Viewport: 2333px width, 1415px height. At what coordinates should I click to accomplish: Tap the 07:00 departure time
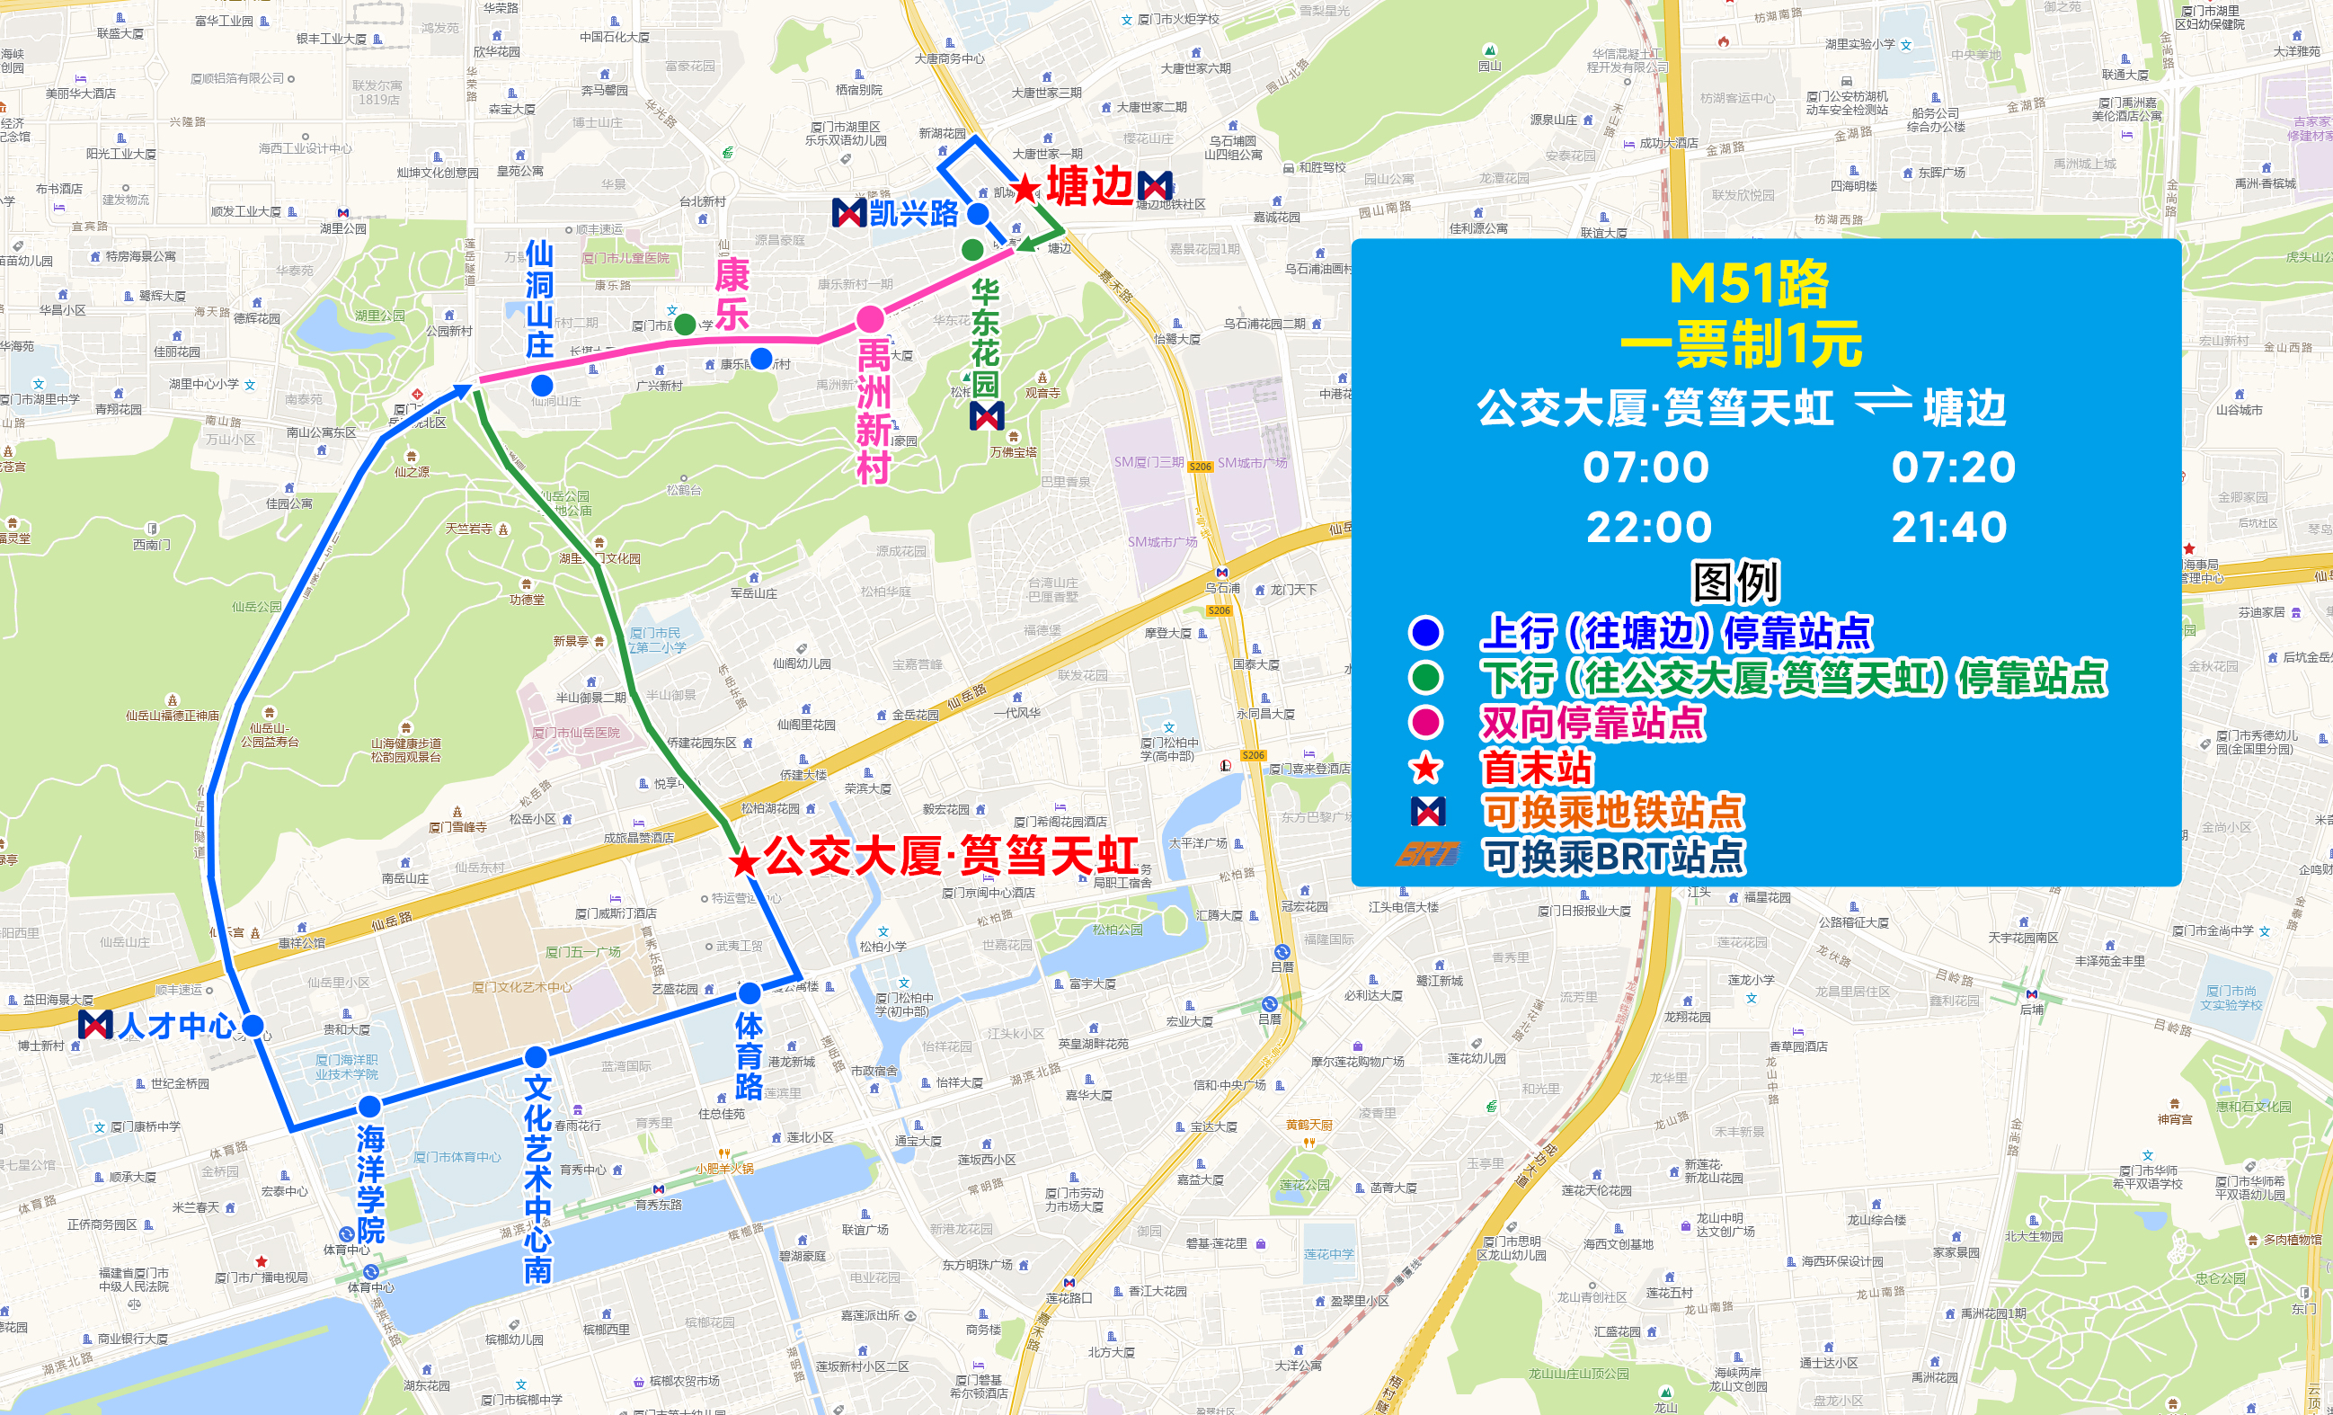click(1646, 467)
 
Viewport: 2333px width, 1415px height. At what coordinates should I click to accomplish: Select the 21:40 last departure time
click(1948, 528)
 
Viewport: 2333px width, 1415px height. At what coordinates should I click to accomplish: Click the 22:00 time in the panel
click(1648, 528)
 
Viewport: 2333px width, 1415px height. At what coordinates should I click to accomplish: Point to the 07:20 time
click(1954, 467)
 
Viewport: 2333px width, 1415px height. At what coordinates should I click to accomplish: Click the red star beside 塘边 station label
click(1025, 189)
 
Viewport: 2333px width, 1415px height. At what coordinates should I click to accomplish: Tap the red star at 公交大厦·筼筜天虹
click(744, 861)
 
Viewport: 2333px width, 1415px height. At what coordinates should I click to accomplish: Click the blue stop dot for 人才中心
click(253, 1026)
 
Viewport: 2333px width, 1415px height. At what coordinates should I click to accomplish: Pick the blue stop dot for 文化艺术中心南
click(536, 1056)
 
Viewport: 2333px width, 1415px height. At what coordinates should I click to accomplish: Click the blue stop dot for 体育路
click(749, 992)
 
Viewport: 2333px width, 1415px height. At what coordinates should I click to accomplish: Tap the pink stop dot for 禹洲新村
click(870, 319)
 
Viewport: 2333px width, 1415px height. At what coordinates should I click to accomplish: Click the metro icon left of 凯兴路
click(848, 213)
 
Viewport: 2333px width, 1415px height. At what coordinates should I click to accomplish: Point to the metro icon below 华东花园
click(987, 414)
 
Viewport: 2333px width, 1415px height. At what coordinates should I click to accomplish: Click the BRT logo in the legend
click(1426, 855)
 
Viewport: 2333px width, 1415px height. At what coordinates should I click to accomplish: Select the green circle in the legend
click(1426, 677)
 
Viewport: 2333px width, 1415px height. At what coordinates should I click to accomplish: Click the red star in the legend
click(1426, 767)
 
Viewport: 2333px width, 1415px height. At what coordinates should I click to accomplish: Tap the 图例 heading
click(1735, 582)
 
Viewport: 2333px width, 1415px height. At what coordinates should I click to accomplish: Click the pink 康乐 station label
click(732, 295)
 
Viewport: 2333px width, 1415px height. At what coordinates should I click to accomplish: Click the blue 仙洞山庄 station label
click(540, 299)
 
